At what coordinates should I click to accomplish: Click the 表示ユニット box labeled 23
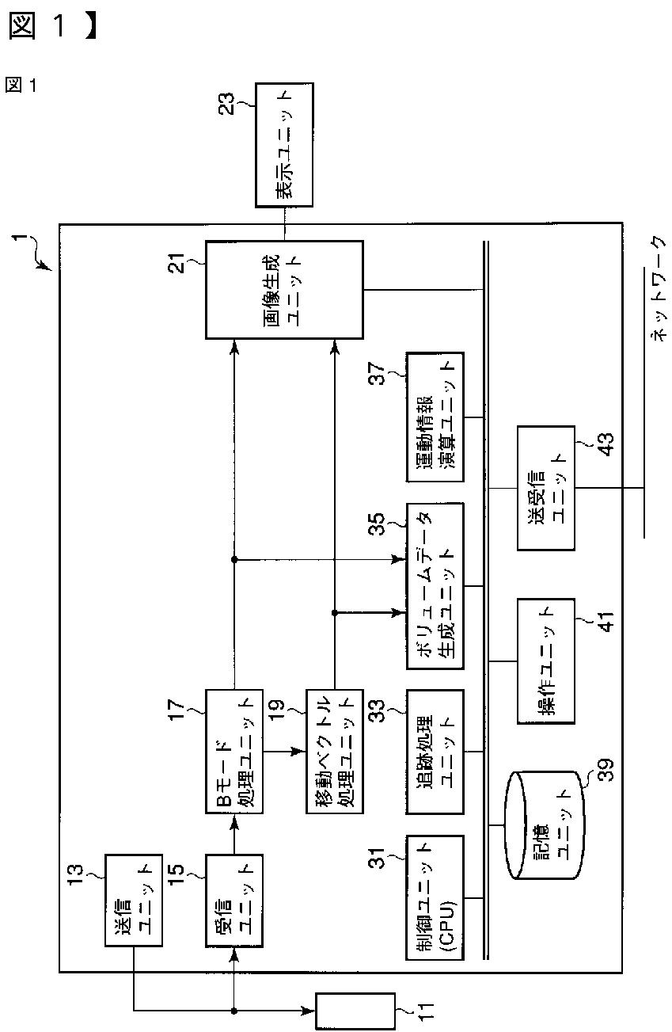pyautogui.click(x=284, y=145)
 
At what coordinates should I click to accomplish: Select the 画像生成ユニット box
pyautogui.click(x=284, y=291)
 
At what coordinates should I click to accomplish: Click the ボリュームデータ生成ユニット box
pyautogui.click(x=435, y=585)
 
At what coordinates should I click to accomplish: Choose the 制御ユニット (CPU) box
pyautogui.click(x=435, y=897)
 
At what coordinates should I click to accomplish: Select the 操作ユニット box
pyautogui.click(x=545, y=661)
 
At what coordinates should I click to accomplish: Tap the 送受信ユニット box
pyautogui.click(x=545, y=488)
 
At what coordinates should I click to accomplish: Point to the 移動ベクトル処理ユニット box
pyautogui.click(x=334, y=750)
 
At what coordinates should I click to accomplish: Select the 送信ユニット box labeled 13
pyautogui.click(x=134, y=899)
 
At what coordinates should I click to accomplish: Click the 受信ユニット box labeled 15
pyautogui.click(x=233, y=899)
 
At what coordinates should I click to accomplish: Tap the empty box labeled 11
pyautogui.click(x=355, y=1011)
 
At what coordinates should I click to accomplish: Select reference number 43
pyautogui.click(x=604, y=446)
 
